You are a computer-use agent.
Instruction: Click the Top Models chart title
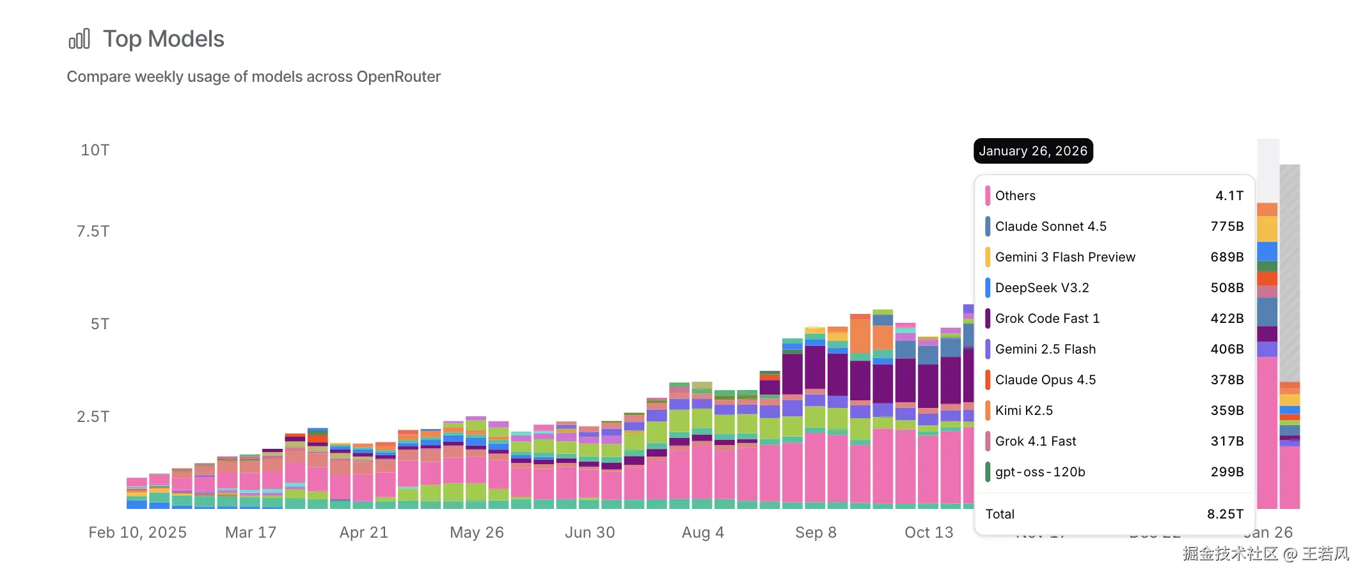163,39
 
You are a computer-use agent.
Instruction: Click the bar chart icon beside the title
79,39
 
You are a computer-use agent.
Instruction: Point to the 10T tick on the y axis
95,150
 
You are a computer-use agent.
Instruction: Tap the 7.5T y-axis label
93,231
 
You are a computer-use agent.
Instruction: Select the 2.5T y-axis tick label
93,417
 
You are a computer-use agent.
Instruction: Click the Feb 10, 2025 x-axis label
138,533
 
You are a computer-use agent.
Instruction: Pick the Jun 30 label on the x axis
590,533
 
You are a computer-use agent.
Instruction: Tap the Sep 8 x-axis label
816,533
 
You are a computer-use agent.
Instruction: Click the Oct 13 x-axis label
929,533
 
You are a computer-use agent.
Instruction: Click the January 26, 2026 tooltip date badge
1033,151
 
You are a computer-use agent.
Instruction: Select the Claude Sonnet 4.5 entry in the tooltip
1050,226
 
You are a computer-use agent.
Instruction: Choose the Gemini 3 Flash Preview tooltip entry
1065,257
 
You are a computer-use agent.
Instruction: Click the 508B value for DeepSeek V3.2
1227,288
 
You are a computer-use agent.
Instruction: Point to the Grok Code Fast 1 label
1047,318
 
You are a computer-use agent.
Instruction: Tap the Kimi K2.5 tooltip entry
1023,410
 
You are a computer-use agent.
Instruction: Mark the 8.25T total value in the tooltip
1225,514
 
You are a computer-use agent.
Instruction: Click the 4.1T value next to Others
1229,196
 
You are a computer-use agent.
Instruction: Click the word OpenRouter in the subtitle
398,77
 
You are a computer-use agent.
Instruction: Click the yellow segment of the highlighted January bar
1266,229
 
